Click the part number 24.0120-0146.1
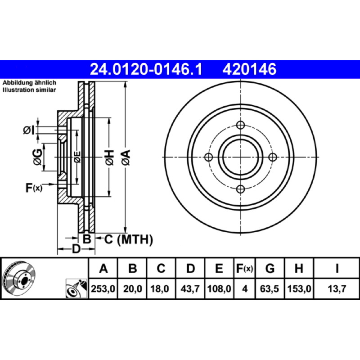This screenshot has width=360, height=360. point(146,69)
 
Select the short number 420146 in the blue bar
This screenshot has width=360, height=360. point(249,69)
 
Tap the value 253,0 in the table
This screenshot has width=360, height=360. point(103,288)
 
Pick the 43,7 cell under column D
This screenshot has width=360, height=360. point(190,288)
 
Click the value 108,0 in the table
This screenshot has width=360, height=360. point(219,288)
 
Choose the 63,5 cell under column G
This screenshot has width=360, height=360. point(270,288)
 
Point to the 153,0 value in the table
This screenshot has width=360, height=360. point(299,288)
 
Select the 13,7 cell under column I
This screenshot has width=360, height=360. point(337,288)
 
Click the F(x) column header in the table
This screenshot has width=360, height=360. point(244,268)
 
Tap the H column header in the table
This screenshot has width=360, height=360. point(299,268)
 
